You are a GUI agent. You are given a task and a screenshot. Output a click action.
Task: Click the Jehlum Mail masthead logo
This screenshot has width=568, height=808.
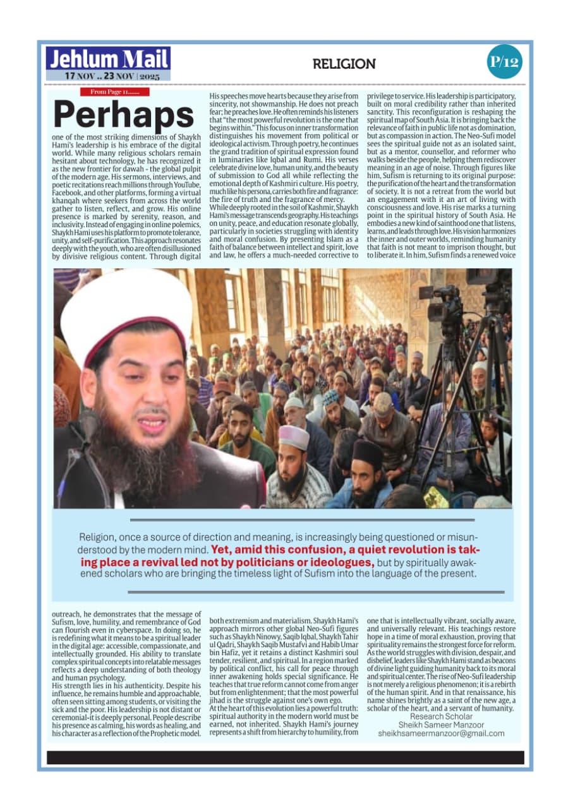(108, 59)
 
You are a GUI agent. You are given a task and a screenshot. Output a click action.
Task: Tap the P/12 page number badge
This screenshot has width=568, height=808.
(504, 61)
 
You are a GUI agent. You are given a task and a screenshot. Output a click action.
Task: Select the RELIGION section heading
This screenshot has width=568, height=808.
(344, 64)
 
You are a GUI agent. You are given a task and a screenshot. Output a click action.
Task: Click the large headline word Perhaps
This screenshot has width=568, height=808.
(123, 115)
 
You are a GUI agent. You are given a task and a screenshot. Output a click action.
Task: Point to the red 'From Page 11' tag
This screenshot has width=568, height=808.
(114, 92)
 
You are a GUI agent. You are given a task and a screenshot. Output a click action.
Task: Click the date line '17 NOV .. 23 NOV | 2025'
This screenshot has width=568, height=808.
(112, 76)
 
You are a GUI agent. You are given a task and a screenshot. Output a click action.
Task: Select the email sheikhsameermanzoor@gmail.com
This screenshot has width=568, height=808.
(441, 734)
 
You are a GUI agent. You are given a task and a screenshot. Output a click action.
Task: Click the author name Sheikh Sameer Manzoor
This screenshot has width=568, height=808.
(441, 725)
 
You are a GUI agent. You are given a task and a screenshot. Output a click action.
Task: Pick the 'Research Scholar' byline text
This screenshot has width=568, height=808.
(440, 716)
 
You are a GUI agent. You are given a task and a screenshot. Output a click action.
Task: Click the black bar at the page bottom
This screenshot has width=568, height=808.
(285, 757)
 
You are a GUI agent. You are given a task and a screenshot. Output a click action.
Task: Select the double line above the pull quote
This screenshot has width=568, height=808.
(301, 520)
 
